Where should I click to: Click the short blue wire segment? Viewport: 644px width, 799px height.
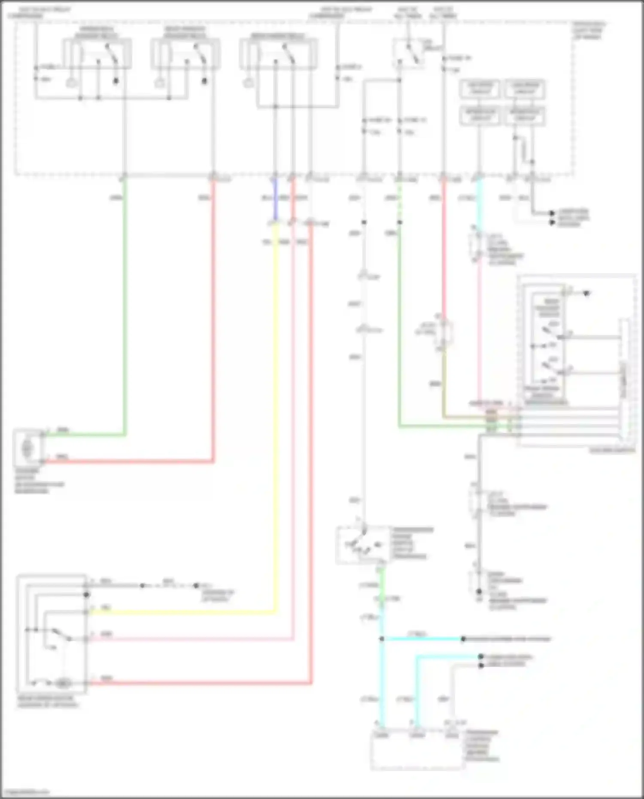click(276, 198)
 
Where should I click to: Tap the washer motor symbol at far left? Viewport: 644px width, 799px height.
click(27, 448)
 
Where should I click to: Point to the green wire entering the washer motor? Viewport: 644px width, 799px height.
click(86, 435)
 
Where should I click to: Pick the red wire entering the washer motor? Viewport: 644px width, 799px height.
click(129, 462)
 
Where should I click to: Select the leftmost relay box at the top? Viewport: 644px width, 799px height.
click(97, 54)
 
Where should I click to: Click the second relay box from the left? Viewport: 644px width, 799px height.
click(185, 54)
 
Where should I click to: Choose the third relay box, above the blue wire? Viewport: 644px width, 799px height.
click(278, 54)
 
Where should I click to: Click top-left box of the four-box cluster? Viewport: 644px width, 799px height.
click(480, 89)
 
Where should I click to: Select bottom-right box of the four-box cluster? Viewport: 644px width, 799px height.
click(525, 116)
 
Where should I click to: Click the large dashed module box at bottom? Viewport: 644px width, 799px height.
click(417, 751)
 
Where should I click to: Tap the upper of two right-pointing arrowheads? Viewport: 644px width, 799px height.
click(552, 213)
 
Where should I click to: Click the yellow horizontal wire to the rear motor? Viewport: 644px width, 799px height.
click(180, 612)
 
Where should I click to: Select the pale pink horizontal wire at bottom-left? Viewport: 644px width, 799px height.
click(189, 639)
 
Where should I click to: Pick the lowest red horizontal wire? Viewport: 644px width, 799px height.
click(197, 683)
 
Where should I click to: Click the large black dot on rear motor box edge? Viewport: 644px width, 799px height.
click(86, 595)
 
